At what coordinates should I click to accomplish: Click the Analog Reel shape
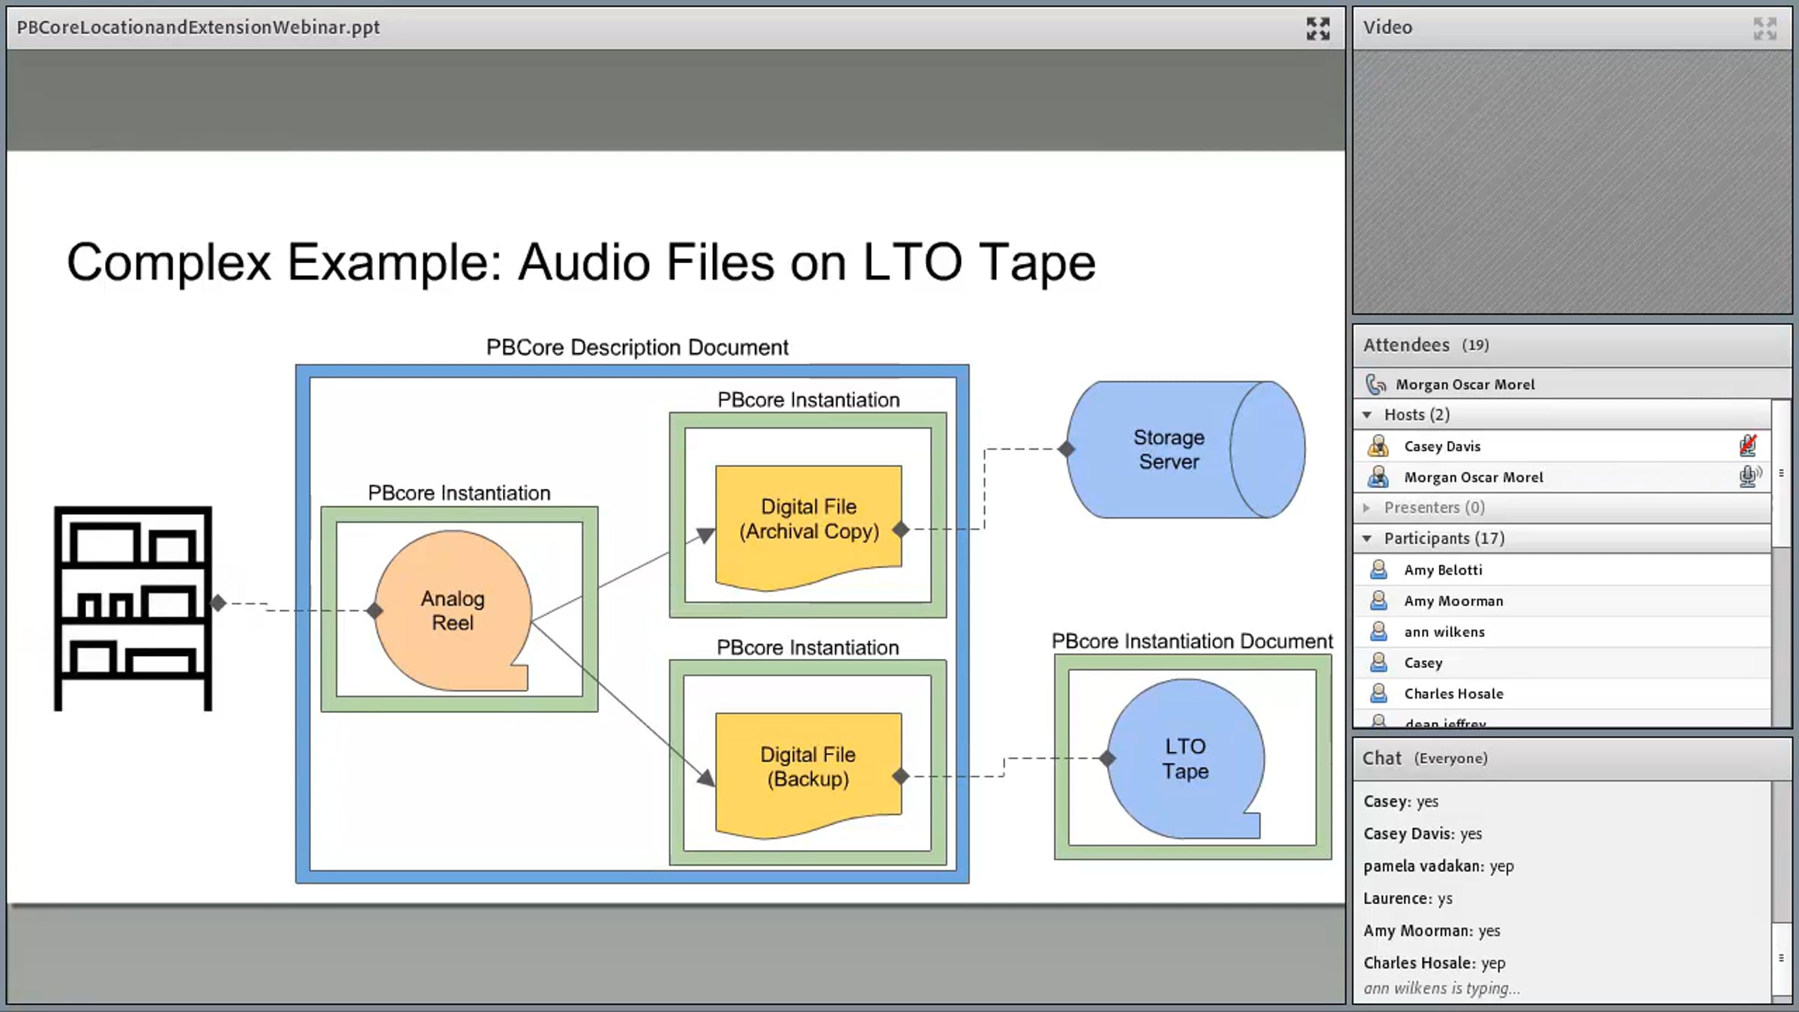(453, 611)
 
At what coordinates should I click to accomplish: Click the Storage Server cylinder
(1185, 450)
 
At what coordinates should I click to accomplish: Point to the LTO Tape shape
(1185, 759)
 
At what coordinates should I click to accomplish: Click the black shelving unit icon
(133, 608)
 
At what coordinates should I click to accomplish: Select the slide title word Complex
(169, 263)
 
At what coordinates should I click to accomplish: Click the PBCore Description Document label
(637, 347)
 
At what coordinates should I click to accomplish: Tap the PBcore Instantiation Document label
(1192, 641)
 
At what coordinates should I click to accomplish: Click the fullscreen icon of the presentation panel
(1318, 28)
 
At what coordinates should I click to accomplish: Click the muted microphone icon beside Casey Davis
(1748, 445)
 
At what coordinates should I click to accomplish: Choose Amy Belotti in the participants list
(1443, 570)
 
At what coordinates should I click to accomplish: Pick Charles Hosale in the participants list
(1453, 693)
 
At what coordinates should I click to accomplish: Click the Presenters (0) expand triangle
(1366, 507)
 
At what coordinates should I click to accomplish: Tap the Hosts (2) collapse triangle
(1367, 415)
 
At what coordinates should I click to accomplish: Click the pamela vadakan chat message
(1438, 866)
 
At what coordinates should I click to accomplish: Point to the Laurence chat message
(1408, 898)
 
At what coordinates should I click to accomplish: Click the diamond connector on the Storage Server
(1066, 449)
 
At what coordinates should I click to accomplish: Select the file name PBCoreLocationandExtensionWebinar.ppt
(199, 28)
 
